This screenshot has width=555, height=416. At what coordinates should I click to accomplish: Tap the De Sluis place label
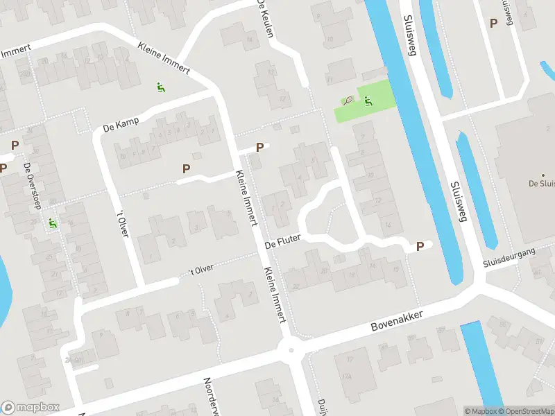[541, 184]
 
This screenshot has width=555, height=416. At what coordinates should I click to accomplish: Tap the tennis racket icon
[348, 101]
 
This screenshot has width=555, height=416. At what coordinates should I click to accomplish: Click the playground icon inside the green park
[368, 101]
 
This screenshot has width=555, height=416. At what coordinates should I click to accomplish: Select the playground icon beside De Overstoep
[53, 224]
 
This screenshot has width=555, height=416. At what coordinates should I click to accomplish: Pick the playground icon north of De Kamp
[161, 88]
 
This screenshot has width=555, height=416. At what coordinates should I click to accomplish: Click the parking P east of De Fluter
[419, 246]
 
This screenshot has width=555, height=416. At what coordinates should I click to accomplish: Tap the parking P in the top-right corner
[493, 23]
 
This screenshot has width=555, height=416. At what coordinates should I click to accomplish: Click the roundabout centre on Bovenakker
[291, 349]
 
